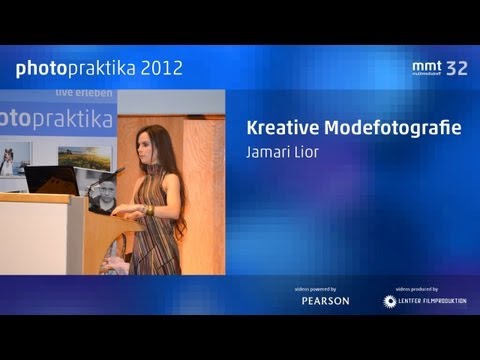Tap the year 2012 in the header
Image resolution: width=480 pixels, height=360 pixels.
161,68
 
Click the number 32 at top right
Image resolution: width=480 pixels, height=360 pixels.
456,68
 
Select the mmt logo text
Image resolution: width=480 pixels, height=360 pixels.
426,66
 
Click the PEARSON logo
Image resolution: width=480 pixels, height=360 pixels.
326,301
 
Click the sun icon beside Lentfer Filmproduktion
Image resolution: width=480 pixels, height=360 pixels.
390,301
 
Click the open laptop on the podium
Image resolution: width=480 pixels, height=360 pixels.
52,180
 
